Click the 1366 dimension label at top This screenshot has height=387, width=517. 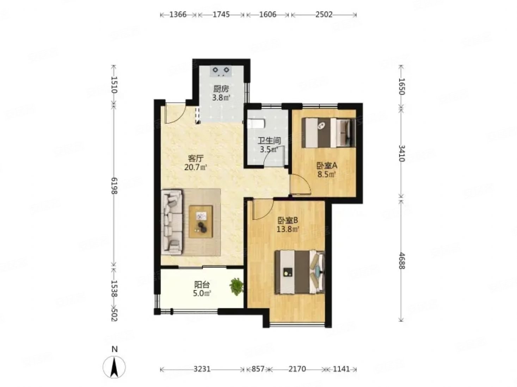(178, 14)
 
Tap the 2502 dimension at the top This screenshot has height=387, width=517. (324, 14)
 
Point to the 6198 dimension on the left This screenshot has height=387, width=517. (114, 186)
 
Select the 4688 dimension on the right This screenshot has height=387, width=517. (402, 261)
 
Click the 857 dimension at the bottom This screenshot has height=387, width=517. (258, 369)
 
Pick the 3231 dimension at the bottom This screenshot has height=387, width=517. (202, 369)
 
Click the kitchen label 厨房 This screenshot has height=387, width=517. (221, 89)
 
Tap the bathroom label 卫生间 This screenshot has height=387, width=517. (269, 141)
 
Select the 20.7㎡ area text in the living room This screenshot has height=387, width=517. (196, 167)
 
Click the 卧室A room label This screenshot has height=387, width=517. (326, 166)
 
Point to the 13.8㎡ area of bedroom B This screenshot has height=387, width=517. (288, 229)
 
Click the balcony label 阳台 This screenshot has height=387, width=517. (202, 285)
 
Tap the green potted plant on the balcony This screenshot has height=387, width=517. (236, 287)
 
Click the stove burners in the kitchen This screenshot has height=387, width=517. (221, 71)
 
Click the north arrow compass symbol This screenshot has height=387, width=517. (114, 367)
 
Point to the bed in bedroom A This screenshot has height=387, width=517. (328, 133)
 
